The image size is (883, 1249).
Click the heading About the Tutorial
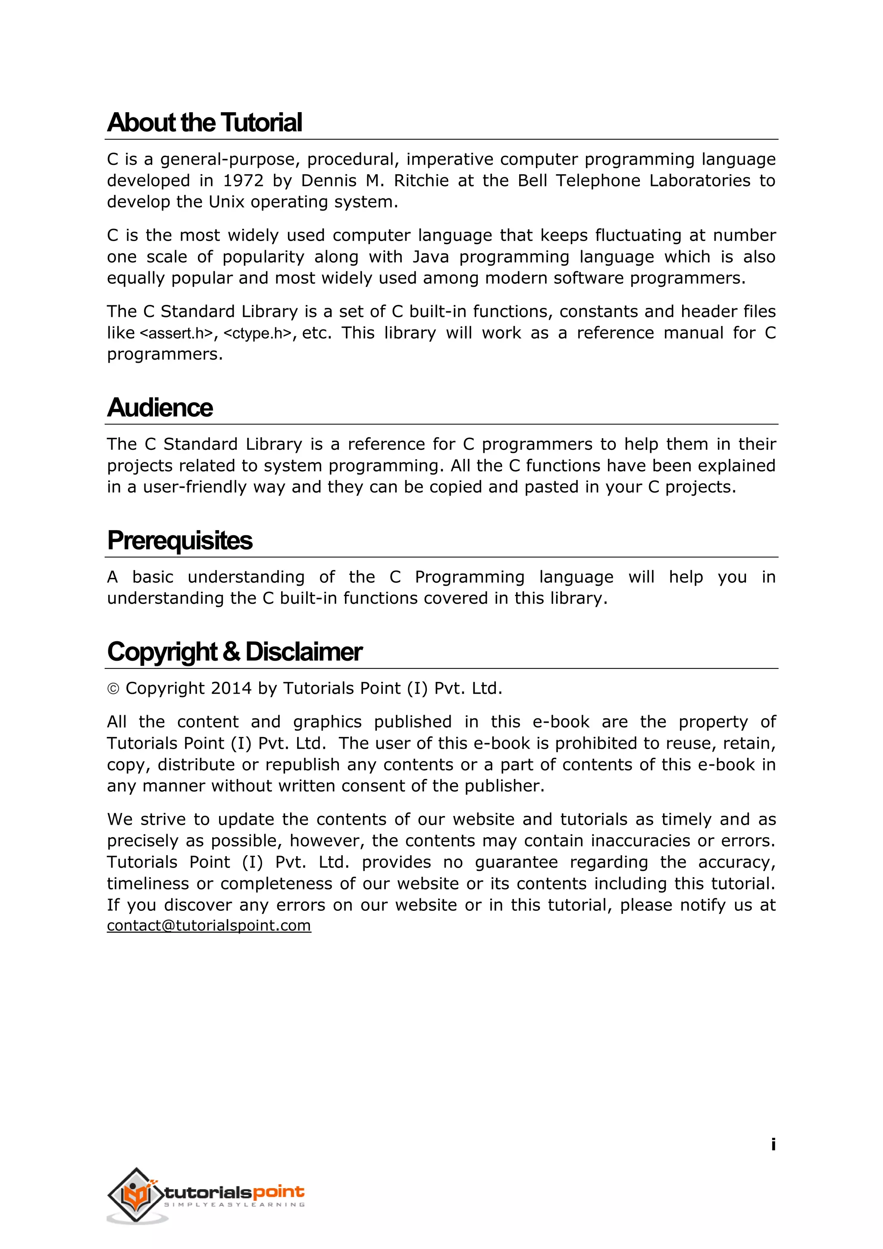[204, 122]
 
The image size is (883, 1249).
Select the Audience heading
[160, 408]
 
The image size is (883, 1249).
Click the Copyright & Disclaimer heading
[235, 652]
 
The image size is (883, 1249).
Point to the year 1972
[243, 181]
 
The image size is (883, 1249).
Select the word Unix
[227, 202]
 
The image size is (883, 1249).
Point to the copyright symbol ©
[113, 689]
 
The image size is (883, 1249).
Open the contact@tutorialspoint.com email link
[209, 926]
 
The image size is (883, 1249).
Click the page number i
[773, 1145]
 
